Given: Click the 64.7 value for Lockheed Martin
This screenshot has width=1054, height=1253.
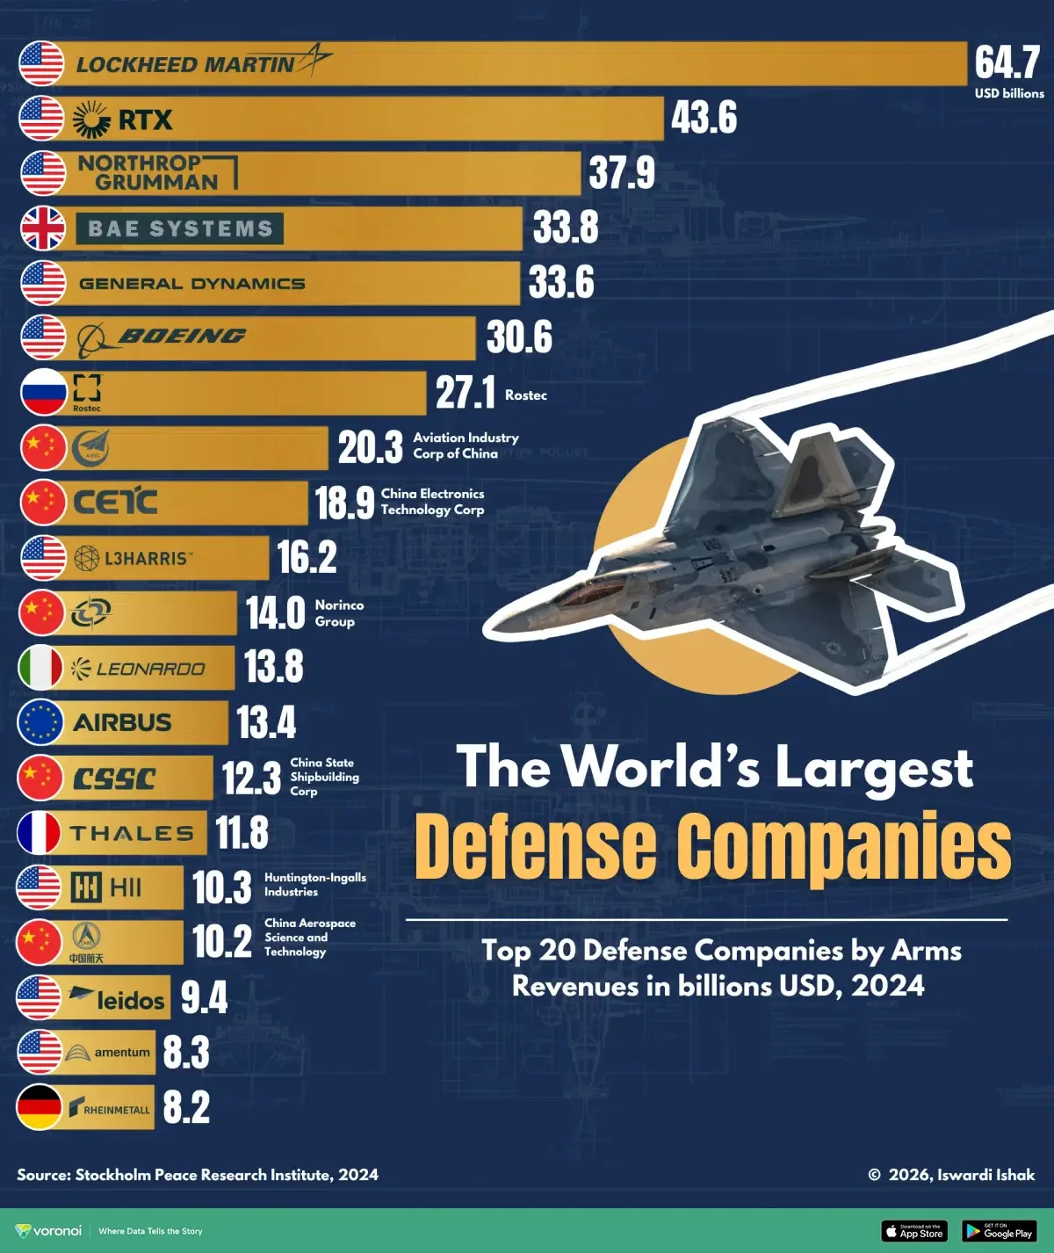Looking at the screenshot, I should point(1007,62).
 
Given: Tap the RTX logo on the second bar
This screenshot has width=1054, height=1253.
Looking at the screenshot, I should point(124,120).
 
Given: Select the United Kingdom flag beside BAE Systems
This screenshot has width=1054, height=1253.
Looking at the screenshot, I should point(43,228).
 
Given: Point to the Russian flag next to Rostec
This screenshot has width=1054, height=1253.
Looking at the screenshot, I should point(43,392).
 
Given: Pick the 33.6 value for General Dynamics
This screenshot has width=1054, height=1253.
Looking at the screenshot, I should point(561,283).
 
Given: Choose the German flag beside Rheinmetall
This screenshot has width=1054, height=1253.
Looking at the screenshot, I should point(40,1107).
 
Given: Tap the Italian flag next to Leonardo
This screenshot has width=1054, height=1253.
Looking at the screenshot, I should point(40,668).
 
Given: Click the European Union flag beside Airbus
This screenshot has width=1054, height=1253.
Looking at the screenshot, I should point(40,722).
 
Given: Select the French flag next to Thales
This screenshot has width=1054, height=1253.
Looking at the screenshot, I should point(40,833).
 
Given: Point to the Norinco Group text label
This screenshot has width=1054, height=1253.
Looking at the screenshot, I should point(338,613).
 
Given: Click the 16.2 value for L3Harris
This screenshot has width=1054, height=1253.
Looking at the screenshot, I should point(307,557).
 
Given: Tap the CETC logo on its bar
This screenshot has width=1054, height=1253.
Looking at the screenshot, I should point(115,502).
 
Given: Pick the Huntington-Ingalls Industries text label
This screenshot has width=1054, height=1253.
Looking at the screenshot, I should point(314,885).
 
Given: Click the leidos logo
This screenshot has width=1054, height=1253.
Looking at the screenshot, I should point(118,998).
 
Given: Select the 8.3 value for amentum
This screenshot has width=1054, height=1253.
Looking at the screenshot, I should point(186,1053).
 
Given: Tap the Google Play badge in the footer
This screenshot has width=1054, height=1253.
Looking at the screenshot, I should point(999,1231).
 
